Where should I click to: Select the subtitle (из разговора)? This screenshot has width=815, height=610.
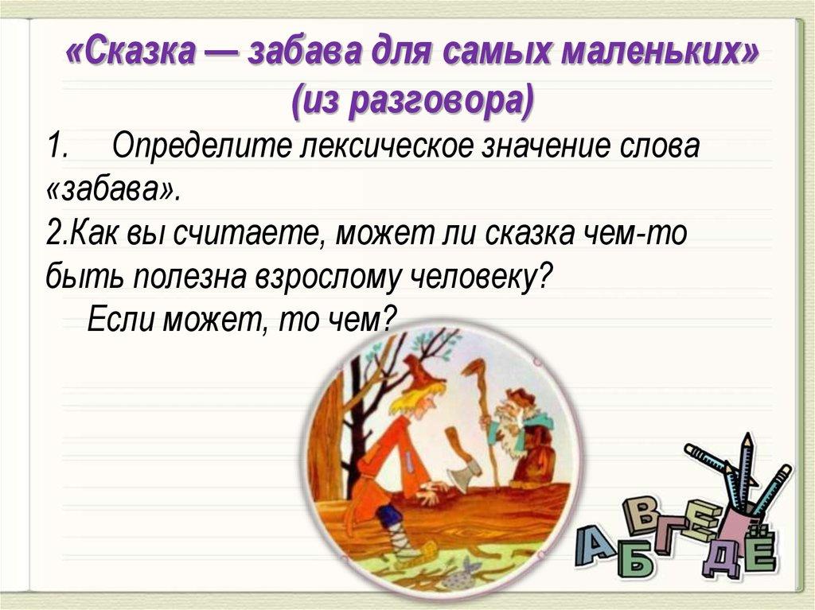412,100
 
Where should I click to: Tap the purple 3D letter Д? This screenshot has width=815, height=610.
720,561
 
